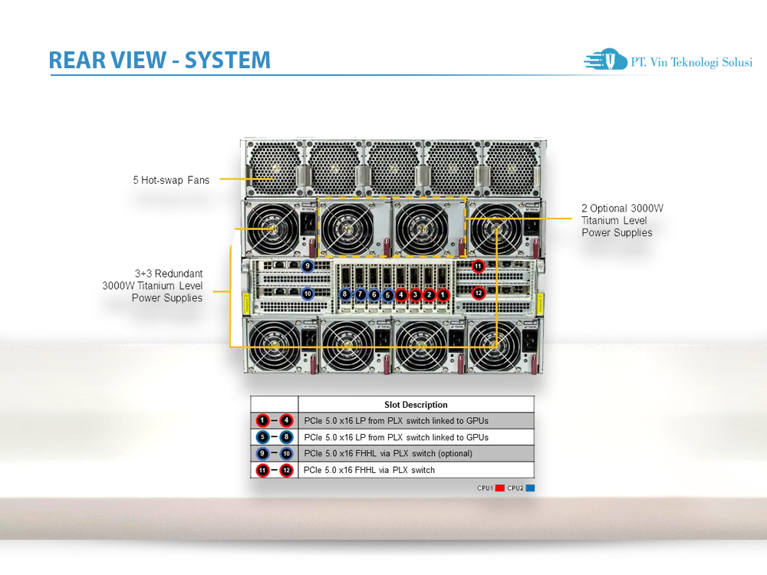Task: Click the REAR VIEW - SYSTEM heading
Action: (x=160, y=60)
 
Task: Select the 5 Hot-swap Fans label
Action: (x=171, y=180)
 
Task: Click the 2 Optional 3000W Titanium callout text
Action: (x=622, y=220)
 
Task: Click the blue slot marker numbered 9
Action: (x=307, y=266)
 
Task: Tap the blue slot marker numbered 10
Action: (x=307, y=293)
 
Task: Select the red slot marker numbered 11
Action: (x=479, y=267)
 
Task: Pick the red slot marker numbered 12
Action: (x=479, y=293)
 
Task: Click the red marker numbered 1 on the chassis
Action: (x=443, y=294)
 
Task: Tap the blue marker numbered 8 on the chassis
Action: (x=345, y=294)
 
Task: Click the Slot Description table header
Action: (x=416, y=404)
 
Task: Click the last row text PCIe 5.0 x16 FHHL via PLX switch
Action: (x=369, y=470)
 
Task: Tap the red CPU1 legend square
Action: (x=499, y=488)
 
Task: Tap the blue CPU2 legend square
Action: (x=530, y=488)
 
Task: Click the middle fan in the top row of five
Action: (x=393, y=166)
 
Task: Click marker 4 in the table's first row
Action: (x=286, y=420)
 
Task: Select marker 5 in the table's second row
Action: (x=262, y=437)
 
